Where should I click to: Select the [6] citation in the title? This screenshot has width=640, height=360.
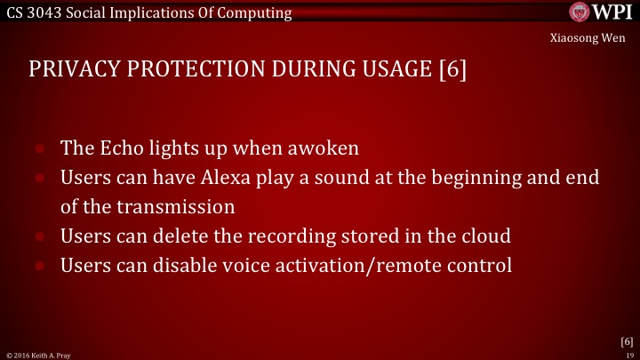click(452, 71)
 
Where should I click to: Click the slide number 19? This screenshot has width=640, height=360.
click(629, 354)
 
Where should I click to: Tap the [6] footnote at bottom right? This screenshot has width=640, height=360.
click(627, 341)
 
